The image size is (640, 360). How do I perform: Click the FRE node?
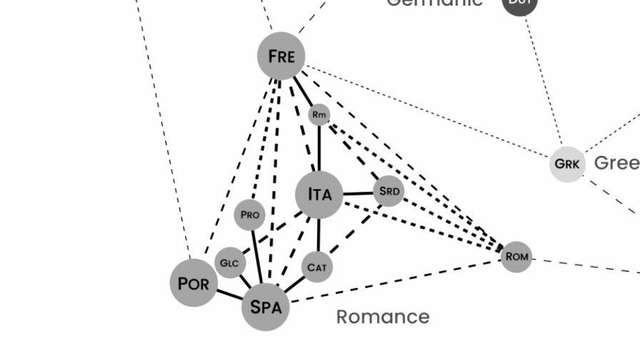[281, 56]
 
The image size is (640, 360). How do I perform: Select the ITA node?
[319, 194]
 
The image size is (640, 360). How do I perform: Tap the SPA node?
[266, 307]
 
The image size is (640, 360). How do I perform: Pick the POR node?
[194, 283]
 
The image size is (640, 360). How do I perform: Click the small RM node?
[319, 114]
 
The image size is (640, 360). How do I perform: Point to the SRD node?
[389, 191]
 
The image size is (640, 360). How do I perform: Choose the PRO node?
[250, 215]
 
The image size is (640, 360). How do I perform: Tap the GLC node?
[230, 263]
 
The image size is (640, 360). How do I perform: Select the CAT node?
[317, 267]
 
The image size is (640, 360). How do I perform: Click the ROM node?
[516, 256]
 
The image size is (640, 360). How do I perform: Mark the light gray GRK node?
[568, 164]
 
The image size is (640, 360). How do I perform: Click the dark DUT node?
[519, 4]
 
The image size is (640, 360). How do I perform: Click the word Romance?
[383, 316]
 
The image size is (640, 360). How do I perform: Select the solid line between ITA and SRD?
[358, 193]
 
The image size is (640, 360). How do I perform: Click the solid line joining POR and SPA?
[229, 294]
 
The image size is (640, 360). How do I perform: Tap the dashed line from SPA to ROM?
[400, 280]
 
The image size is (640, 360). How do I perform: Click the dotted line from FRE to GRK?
[429, 111]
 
